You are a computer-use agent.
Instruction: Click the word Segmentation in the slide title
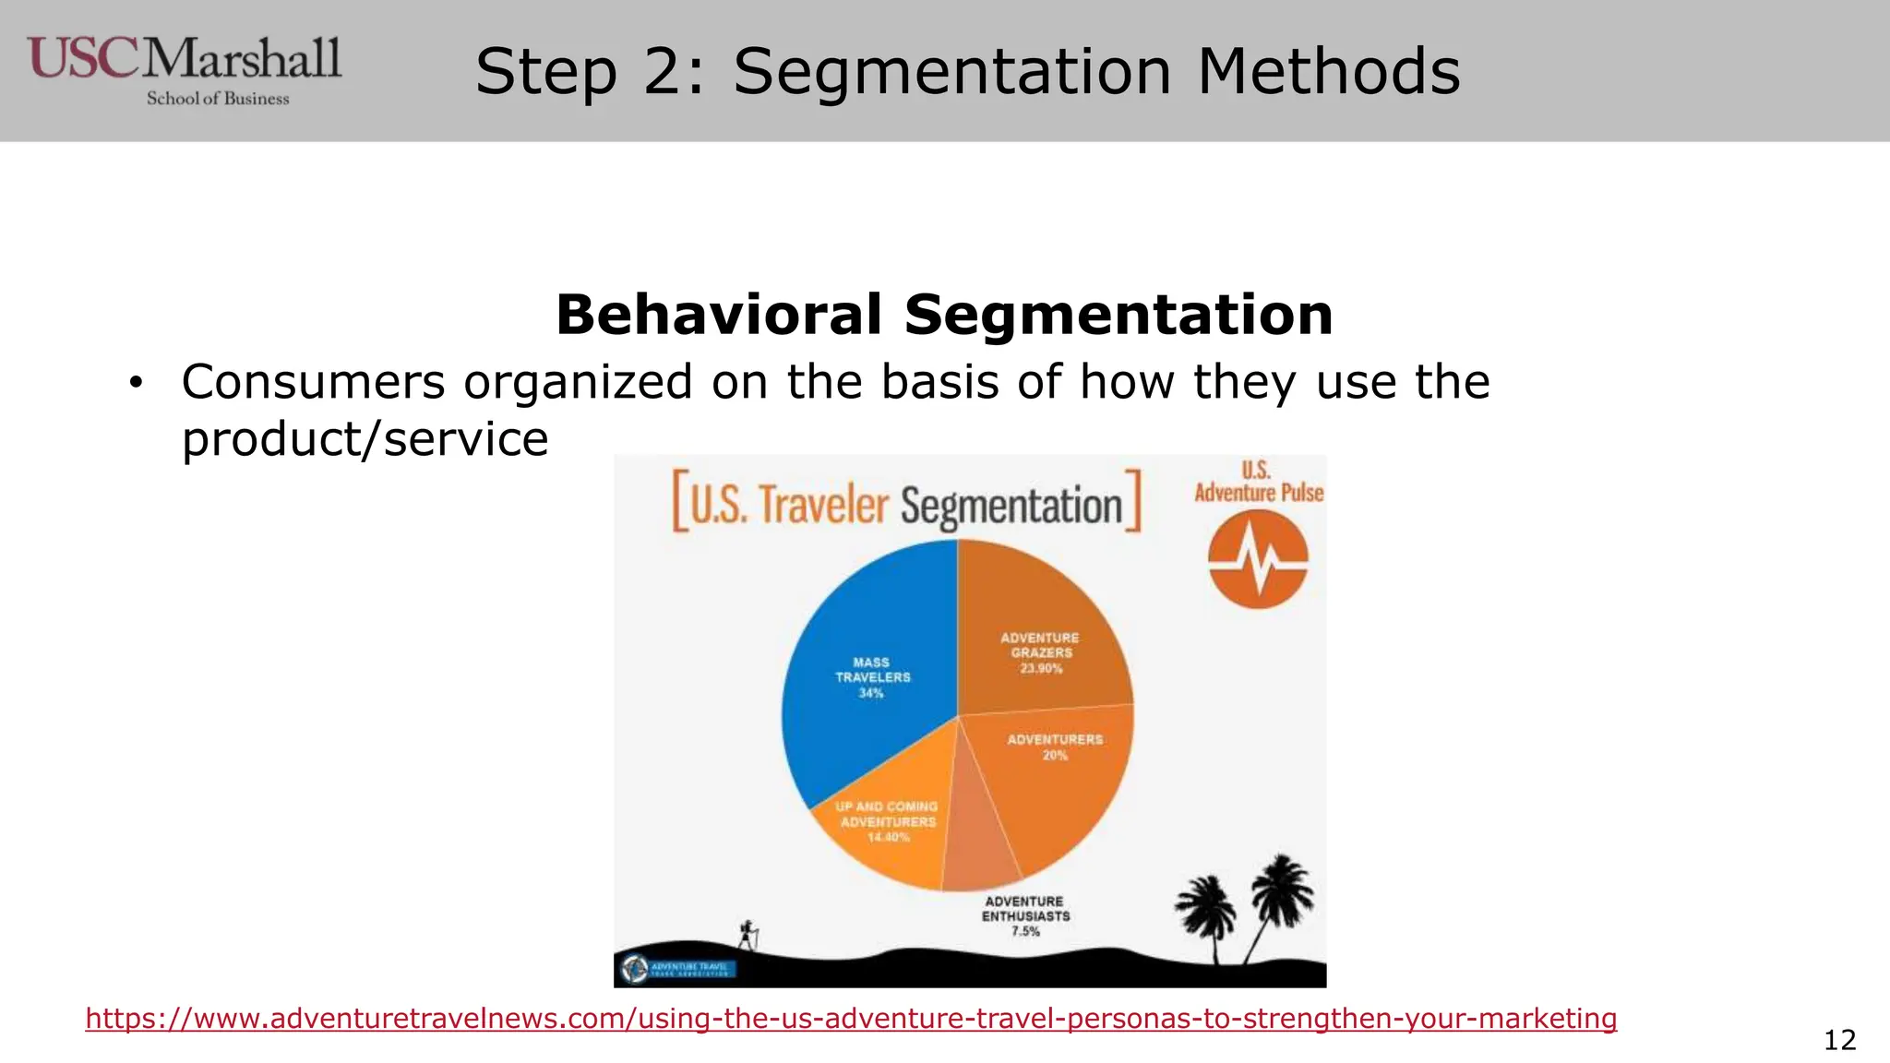point(951,72)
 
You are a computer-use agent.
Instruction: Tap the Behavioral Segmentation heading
point(944,315)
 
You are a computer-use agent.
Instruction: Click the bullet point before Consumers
point(137,383)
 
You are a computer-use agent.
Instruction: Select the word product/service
point(365,439)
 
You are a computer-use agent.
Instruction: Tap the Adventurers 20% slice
point(1052,775)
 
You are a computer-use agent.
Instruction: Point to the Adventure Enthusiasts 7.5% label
point(1025,916)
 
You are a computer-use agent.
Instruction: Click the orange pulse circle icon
point(1258,558)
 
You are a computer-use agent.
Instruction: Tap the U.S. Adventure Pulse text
point(1258,483)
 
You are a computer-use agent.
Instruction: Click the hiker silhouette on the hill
point(748,934)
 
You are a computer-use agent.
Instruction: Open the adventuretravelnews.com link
point(850,1019)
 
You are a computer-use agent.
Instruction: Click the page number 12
point(1839,1040)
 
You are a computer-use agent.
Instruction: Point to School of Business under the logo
point(218,99)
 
